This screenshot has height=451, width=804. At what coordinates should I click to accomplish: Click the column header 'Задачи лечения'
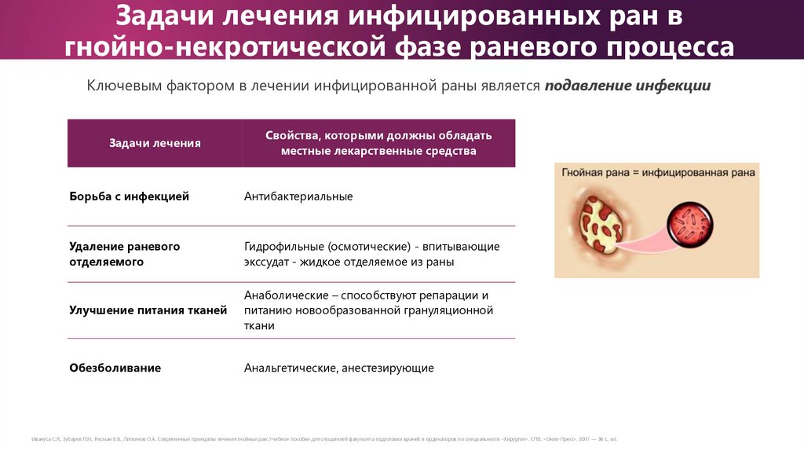click(x=155, y=143)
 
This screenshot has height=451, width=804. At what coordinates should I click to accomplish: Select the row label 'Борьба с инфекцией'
click(x=130, y=196)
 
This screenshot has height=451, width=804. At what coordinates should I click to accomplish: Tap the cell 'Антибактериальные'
click(x=298, y=196)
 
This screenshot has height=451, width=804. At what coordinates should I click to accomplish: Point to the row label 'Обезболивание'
click(x=115, y=368)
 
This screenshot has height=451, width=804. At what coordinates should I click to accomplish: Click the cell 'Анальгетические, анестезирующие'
click(x=338, y=368)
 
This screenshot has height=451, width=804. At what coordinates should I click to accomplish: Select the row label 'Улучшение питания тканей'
click(x=148, y=310)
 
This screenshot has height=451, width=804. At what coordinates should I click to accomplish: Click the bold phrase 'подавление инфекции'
click(x=627, y=86)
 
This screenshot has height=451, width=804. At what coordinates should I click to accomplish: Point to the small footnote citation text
click(x=323, y=438)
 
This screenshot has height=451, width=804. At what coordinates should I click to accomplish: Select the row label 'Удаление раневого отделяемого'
click(x=125, y=254)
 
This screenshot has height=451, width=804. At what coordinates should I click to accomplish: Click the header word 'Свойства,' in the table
click(x=292, y=135)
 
